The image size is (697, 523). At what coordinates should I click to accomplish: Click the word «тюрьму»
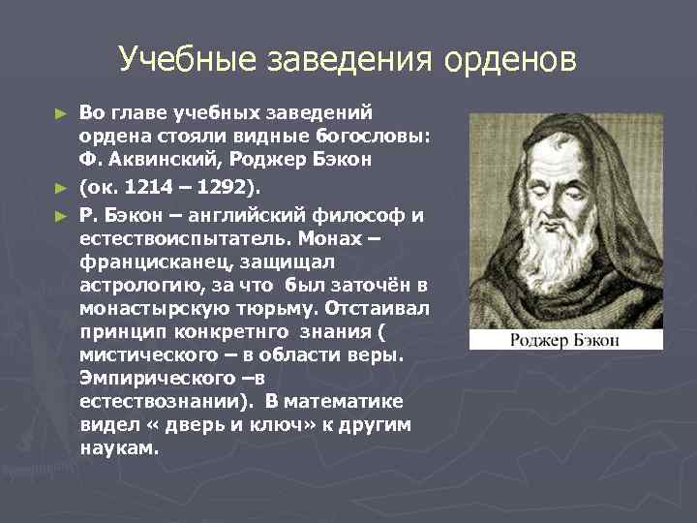coord(292,308)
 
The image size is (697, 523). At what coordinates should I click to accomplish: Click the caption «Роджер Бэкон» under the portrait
coord(566,339)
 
